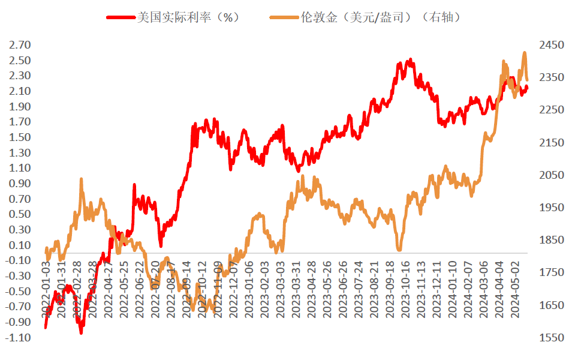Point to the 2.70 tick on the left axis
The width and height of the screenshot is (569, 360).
(19, 45)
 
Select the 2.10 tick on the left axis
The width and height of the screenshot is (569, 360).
(19, 91)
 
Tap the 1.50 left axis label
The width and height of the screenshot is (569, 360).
(19, 137)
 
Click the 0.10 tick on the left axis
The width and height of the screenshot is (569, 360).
(19, 245)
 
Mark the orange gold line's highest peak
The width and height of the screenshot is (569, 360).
(525, 53)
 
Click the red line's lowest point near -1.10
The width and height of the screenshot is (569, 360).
(81, 331)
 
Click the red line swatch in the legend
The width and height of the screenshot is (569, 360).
(121, 17)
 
